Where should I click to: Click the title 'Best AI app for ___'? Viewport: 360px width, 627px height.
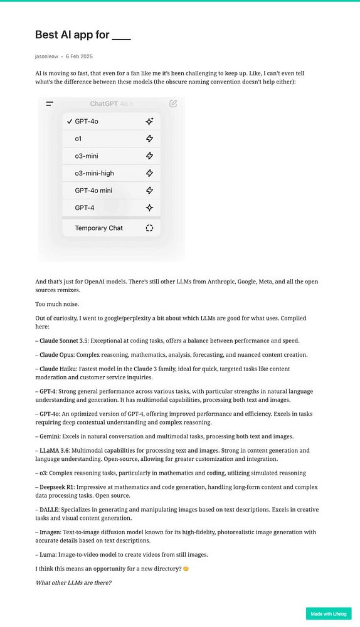[83, 35]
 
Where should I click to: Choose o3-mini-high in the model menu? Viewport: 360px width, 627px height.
[95, 173]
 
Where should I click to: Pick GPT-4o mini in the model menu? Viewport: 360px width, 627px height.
[93, 190]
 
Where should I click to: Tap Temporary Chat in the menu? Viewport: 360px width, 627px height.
[98, 228]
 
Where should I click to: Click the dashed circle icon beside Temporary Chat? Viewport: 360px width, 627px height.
[149, 228]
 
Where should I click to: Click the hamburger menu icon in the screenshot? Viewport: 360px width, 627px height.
[50, 103]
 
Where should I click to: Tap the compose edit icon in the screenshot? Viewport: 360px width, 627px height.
[173, 103]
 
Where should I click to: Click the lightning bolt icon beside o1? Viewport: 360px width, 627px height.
[149, 139]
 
